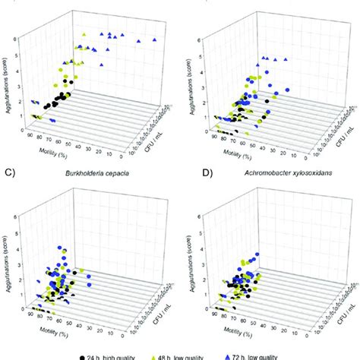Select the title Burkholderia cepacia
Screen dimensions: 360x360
[x=94, y=183]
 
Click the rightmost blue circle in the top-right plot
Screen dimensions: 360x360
[x=289, y=91]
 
